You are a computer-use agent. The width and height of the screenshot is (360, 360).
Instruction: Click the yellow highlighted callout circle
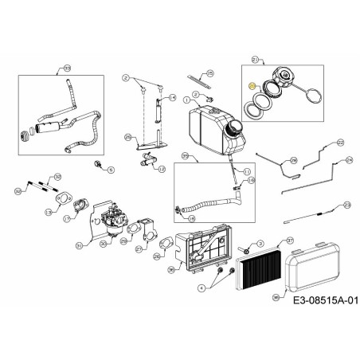pyautogui.click(x=252, y=86)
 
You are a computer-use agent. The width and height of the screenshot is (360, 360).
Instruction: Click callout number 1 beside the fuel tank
pyautogui.click(x=186, y=101)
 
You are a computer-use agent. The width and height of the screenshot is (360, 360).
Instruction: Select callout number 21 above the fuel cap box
pyautogui.click(x=256, y=60)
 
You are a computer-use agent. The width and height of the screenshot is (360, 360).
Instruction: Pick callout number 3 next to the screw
pyautogui.click(x=249, y=240)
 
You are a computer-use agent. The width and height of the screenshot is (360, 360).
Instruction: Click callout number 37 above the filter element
pyautogui.click(x=290, y=240)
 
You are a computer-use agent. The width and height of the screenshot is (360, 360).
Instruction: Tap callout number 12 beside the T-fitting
pyautogui.click(x=162, y=170)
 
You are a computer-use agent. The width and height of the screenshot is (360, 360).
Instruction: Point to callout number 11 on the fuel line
pyautogui.click(x=247, y=172)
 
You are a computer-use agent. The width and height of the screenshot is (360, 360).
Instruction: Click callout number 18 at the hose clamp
pyautogui.click(x=252, y=182)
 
